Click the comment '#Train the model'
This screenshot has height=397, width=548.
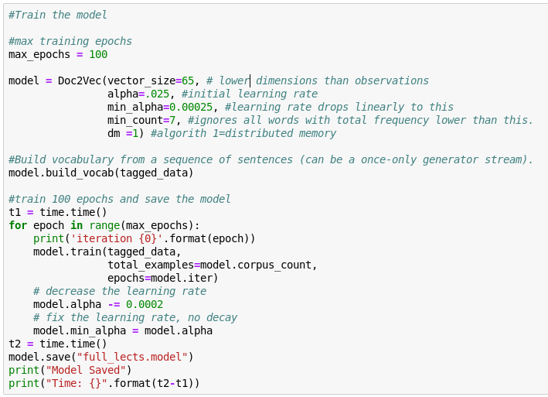58,15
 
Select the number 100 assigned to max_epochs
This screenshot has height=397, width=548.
98,54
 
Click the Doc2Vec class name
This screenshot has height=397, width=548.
80,80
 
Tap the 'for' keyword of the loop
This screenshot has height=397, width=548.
18,225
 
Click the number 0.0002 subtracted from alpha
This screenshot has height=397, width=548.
145,304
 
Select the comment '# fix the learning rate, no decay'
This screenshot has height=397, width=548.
135,317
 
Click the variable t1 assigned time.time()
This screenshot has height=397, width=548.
15,212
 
